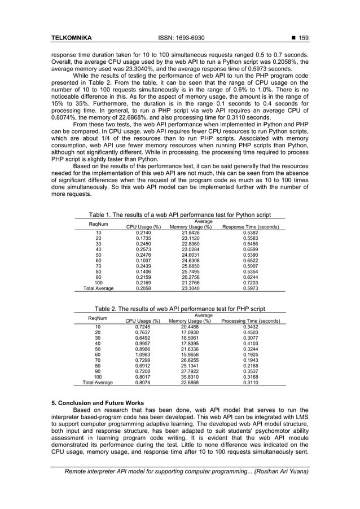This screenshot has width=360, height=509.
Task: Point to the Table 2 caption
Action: coord(179,309)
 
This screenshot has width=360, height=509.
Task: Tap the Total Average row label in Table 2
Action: coord(95,382)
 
